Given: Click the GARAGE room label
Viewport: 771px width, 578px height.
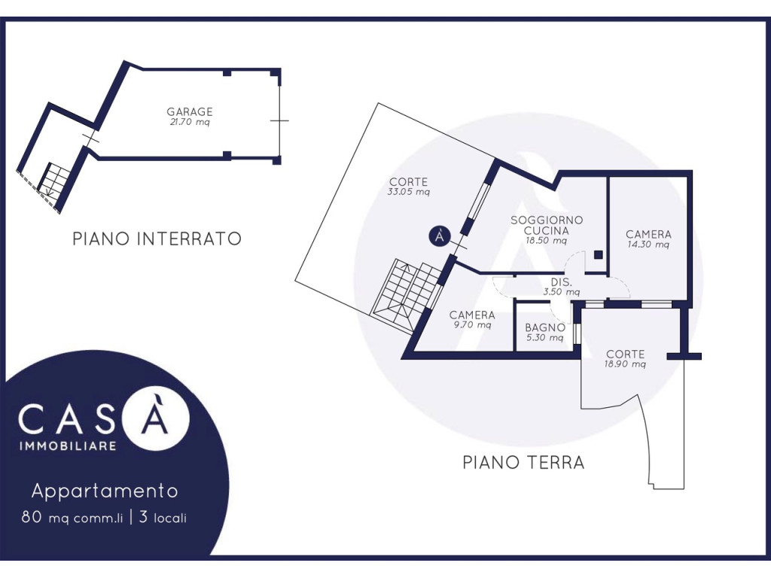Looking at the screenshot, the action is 189,111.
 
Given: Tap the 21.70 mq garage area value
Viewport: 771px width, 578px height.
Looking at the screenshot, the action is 190,123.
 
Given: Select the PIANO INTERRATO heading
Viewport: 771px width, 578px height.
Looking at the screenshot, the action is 157,239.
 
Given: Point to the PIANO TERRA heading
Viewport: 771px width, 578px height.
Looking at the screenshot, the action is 524,463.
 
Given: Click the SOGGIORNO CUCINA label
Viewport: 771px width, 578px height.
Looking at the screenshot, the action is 547,225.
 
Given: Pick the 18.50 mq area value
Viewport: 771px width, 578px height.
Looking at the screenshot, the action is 547,241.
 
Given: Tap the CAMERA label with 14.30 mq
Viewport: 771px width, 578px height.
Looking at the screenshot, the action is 648,235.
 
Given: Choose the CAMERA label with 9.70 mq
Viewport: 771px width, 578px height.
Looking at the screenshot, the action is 472,315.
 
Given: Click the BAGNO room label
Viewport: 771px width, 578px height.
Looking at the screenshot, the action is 545,327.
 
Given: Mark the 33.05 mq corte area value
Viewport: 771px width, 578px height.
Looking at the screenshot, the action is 409,192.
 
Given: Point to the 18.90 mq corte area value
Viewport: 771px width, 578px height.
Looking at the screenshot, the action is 625,364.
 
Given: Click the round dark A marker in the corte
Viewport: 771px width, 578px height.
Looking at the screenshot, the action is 439,236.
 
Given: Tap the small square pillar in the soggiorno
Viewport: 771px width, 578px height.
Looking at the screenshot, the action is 598,254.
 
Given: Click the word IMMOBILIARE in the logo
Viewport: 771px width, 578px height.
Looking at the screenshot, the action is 68,446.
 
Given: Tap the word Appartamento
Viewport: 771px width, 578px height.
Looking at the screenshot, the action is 105,491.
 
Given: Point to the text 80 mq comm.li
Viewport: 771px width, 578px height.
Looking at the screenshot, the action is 72,518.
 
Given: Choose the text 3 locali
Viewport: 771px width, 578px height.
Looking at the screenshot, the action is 163,518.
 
